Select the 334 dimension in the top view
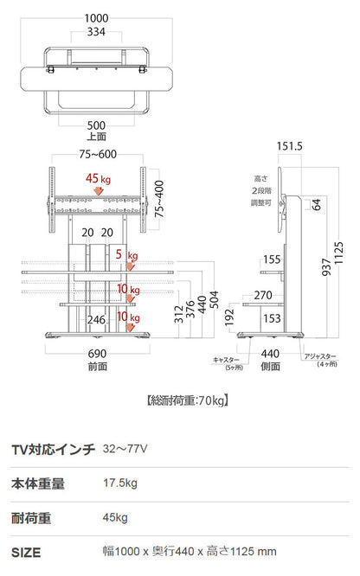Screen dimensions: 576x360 tap(97, 33)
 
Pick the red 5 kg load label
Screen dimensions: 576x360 tap(126, 255)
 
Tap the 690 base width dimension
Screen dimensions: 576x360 tap(97, 354)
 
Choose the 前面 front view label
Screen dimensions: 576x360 tap(97, 367)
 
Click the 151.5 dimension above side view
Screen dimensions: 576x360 tap(290, 147)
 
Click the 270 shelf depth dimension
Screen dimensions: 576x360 tap(263, 295)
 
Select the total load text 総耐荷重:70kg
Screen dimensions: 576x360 tap(188, 400)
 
